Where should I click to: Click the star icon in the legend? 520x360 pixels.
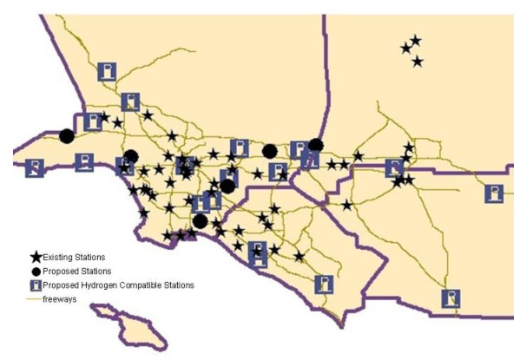click(x=36, y=257)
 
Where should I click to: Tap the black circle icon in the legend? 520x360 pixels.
click(x=36, y=271)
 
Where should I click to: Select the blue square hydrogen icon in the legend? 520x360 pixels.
click(x=36, y=285)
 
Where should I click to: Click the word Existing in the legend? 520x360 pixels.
click(x=58, y=258)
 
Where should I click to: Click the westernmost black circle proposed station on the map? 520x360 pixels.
click(x=67, y=135)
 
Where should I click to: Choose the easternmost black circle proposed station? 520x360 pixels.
click(x=316, y=145)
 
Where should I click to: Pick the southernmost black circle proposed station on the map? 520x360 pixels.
click(x=200, y=220)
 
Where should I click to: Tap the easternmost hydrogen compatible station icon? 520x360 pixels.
click(x=493, y=193)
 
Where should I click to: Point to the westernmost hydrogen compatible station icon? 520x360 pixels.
click(x=35, y=167)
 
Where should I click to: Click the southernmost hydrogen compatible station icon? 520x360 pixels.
click(x=450, y=298)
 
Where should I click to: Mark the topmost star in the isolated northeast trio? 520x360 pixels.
click(x=416, y=40)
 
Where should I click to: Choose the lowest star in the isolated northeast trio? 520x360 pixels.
click(x=418, y=62)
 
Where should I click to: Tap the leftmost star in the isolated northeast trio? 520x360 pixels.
click(x=405, y=49)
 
